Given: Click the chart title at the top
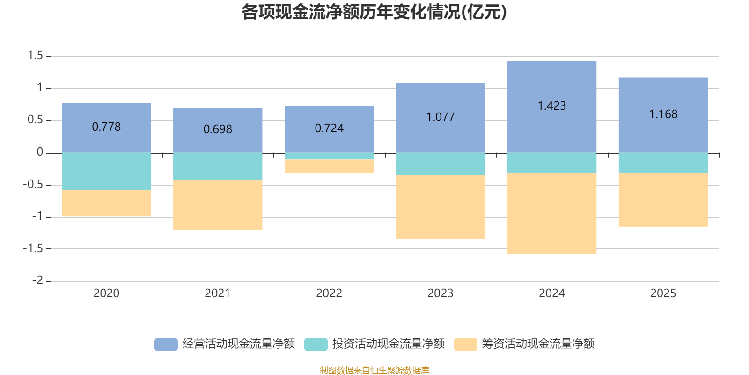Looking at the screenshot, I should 374,12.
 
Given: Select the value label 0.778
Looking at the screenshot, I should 106,127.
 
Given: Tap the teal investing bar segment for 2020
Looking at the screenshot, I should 106,172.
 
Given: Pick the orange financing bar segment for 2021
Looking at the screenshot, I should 218,205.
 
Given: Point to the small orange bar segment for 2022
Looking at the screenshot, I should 329,167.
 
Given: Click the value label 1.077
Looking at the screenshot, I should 441,117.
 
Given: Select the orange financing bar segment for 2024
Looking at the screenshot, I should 551,214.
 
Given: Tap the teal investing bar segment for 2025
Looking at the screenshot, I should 663,163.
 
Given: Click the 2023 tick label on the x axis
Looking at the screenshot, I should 441,293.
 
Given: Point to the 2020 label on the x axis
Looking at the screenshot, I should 106,293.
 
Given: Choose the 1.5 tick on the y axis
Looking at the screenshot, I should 35,56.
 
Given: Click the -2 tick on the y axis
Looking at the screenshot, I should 37,280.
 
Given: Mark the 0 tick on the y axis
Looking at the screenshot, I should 40,152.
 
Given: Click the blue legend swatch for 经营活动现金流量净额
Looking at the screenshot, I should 166,344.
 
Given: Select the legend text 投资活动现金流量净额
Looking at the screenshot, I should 388,344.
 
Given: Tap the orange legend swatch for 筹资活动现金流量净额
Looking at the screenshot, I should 466,344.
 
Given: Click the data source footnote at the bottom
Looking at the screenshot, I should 374,370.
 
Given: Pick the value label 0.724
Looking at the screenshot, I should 329,128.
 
